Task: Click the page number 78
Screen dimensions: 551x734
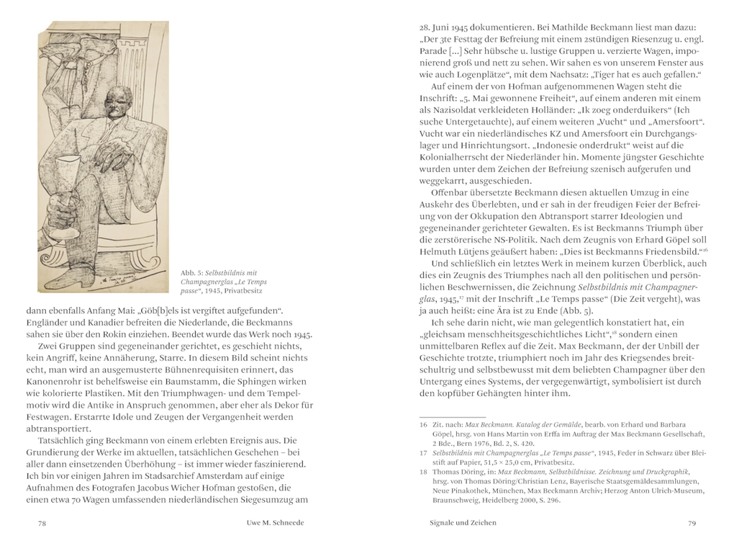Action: tap(42, 523)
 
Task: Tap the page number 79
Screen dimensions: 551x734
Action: tap(691, 523)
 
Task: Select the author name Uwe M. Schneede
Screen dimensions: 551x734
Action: tap(271, 523)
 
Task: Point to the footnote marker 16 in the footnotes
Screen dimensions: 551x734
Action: tap(423, 424)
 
